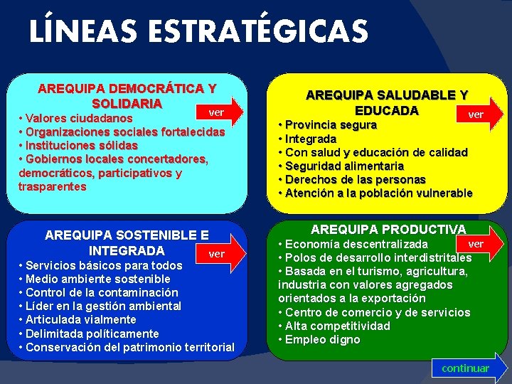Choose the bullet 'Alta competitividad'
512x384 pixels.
coord(337,326)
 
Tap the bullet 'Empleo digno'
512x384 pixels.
coord(322,339)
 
